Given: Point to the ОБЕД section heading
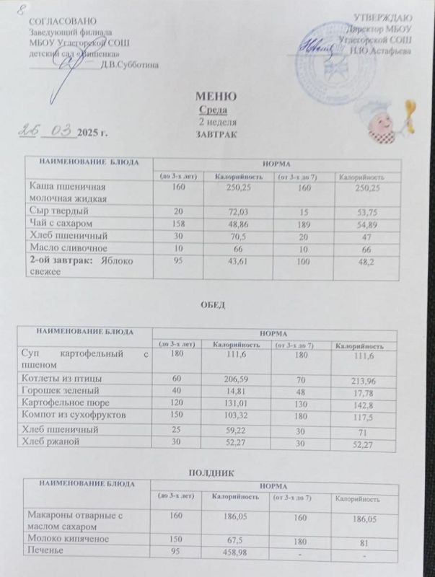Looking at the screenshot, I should click(214, 306).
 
